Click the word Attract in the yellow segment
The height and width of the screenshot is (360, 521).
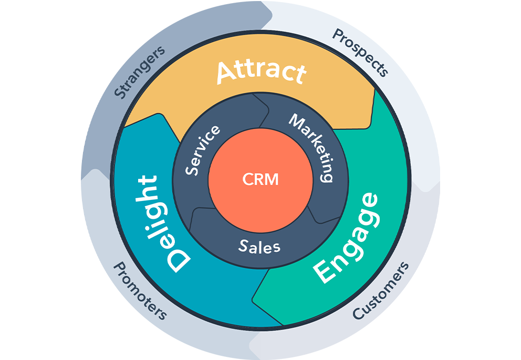point(261,72)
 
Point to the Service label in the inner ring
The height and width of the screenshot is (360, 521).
point(203,150)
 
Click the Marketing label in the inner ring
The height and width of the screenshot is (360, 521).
point(313,147)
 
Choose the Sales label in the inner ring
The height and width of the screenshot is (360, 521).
point(259,246)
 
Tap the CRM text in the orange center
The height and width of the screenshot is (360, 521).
point(260,180)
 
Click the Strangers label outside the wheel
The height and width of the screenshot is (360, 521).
point(140,72)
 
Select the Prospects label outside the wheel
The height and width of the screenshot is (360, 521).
point(361,52)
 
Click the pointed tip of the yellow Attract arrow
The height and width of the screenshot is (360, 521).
point(374,89)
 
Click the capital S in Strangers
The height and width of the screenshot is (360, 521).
point(120,93)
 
